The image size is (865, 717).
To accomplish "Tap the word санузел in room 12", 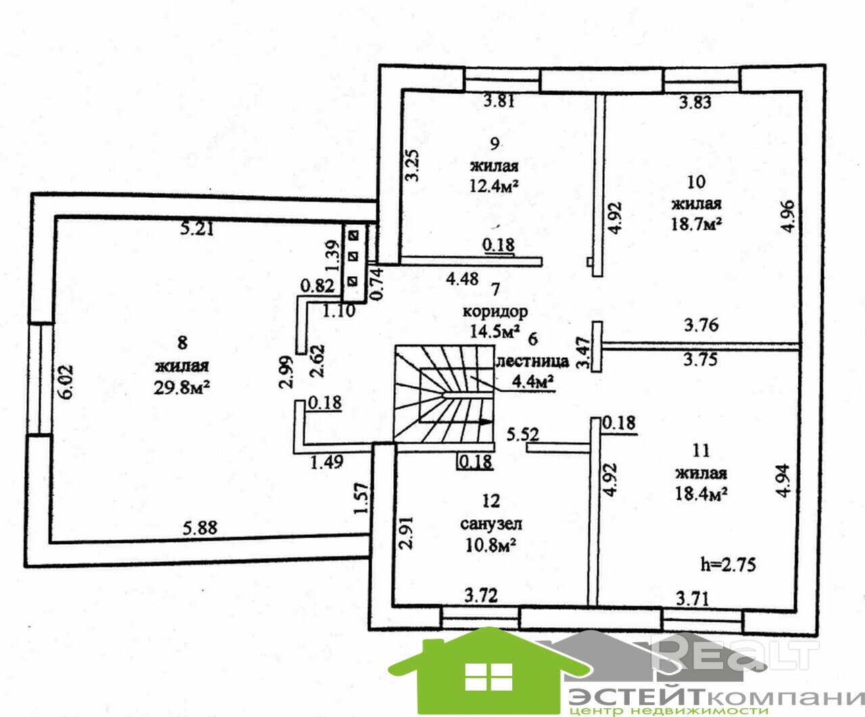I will tap(491, 523).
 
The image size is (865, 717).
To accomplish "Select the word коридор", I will tap(495, 311).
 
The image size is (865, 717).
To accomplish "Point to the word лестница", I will tap(533, 361).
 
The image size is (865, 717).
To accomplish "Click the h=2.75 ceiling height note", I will tap(728, 564).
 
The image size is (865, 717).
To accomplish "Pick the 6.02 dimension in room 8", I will tap(68, 383).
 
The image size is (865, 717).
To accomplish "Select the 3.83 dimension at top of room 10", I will tap(695, 103).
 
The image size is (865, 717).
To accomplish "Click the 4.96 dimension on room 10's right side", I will tap(787, 216).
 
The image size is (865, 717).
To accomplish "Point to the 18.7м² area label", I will tap(696, 223).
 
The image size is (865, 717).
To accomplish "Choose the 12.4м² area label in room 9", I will tap(494, 186).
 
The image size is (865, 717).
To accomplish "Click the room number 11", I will tap(701, 450).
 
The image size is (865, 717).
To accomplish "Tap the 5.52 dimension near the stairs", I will tap(522, 433).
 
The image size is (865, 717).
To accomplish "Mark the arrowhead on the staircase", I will tap(485, 422).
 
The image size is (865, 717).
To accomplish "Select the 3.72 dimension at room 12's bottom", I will tap(481, 595).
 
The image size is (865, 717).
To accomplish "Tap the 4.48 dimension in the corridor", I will tap(463, 277).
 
